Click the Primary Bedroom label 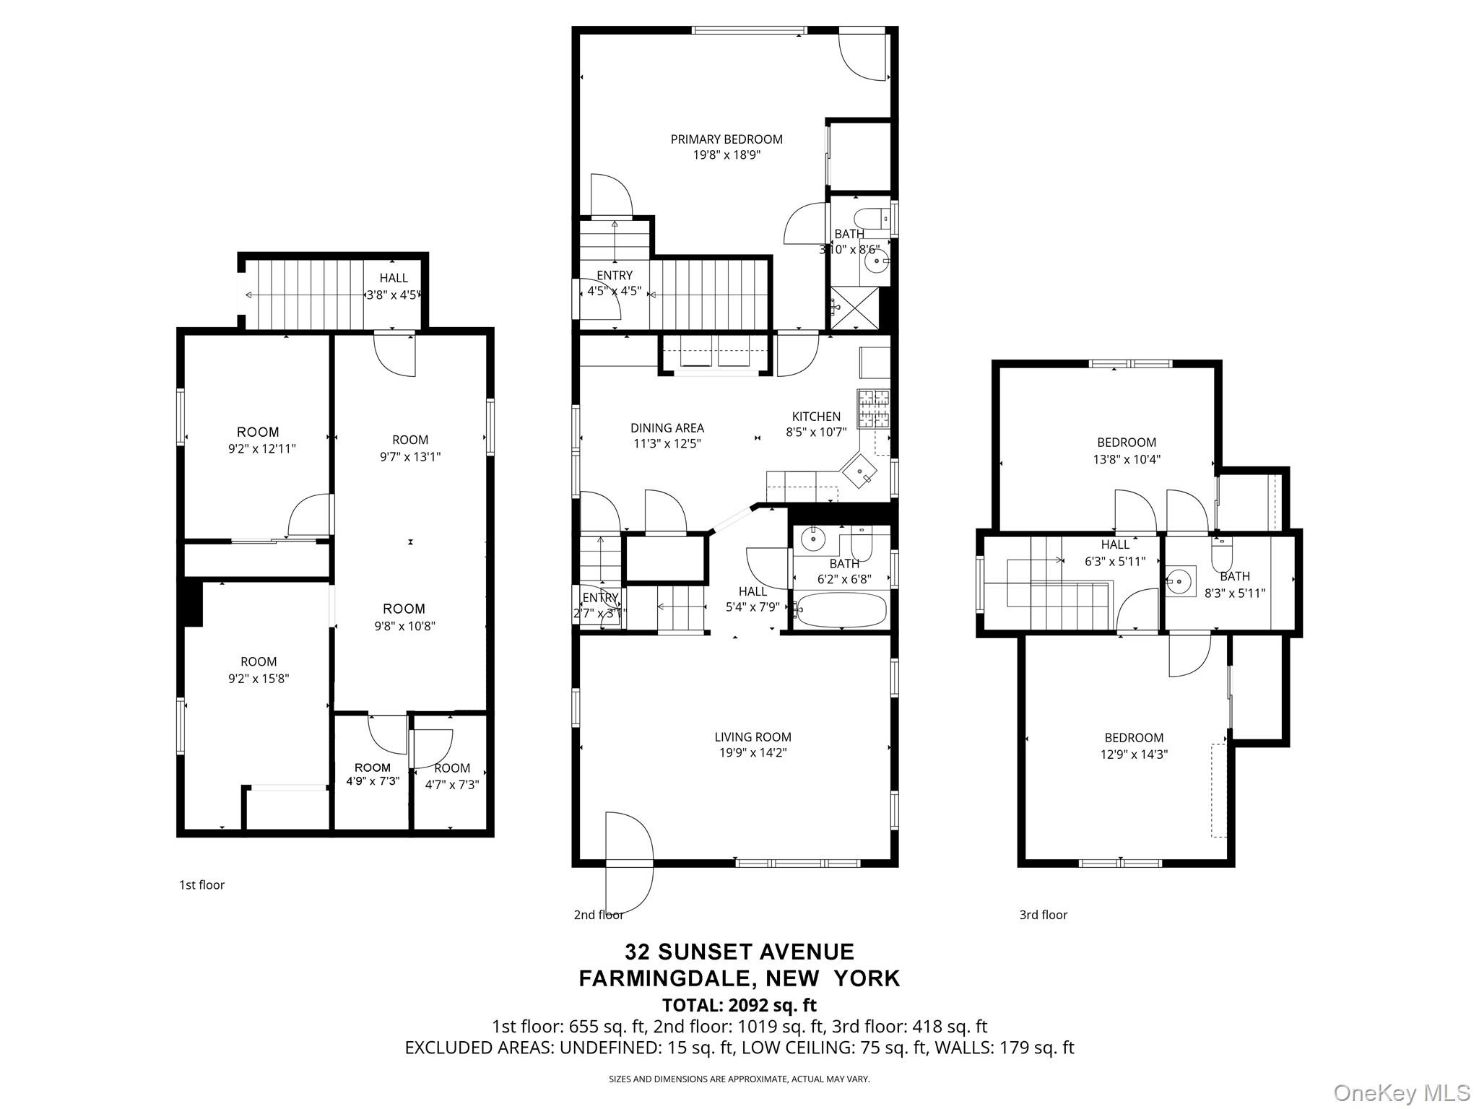(727, 139)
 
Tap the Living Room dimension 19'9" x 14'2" (752, 752)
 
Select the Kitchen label (816, 417)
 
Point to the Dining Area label (667, 428)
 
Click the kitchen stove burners (874, 409)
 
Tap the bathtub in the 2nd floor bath (841, 611)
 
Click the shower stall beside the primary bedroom (855, 308)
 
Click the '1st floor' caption (201, 885)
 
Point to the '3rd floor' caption (1043, 915)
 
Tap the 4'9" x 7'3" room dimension (373, 781)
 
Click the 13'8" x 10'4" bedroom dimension (1127, 459)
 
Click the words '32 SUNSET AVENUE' (739, 952)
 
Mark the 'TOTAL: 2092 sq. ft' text (739, 1005)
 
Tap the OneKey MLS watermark (1402, 1092)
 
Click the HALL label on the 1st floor (394, 278)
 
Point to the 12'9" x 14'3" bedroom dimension (1134, 754)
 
